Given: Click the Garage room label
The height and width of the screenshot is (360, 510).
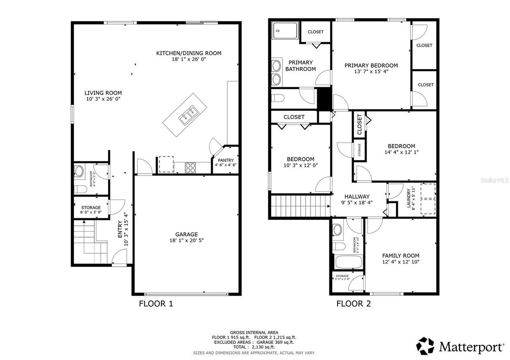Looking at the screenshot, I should [x=186, y=234].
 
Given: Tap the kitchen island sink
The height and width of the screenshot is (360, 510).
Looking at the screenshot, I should [x=188, y=115].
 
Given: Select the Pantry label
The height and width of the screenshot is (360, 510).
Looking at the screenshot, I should [x=226, y=160].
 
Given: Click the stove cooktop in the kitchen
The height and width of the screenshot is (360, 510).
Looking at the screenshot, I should [x=190, y=168].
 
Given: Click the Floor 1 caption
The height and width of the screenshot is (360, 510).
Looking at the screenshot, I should [x=156, y=304].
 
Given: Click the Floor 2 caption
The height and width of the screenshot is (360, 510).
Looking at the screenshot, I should [x=353, y=304].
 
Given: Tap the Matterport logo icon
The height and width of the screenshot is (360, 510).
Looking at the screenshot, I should [x=425, y=346].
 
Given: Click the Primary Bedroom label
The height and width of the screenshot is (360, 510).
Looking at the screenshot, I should [x=371, y=65].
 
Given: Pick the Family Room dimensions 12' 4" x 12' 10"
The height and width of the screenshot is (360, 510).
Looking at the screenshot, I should [x=400, y=262].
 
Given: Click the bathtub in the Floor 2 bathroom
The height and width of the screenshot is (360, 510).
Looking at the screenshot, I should [x=348, y=262].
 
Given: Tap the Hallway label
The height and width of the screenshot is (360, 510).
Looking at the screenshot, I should [x=357, y=196].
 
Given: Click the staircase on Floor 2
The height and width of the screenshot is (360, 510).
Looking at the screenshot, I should [x=300, y=205].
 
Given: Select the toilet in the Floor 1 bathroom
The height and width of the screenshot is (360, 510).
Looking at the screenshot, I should [x=80, y=189].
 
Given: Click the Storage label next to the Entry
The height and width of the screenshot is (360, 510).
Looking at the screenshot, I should [x=91, y=207].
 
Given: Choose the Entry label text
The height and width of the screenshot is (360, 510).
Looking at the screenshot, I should [x=120, y=230].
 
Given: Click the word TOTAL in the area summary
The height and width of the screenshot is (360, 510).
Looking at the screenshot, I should [x=239, y=347].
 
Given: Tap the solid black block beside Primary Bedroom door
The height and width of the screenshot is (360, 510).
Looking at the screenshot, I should [x=324, y=99].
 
